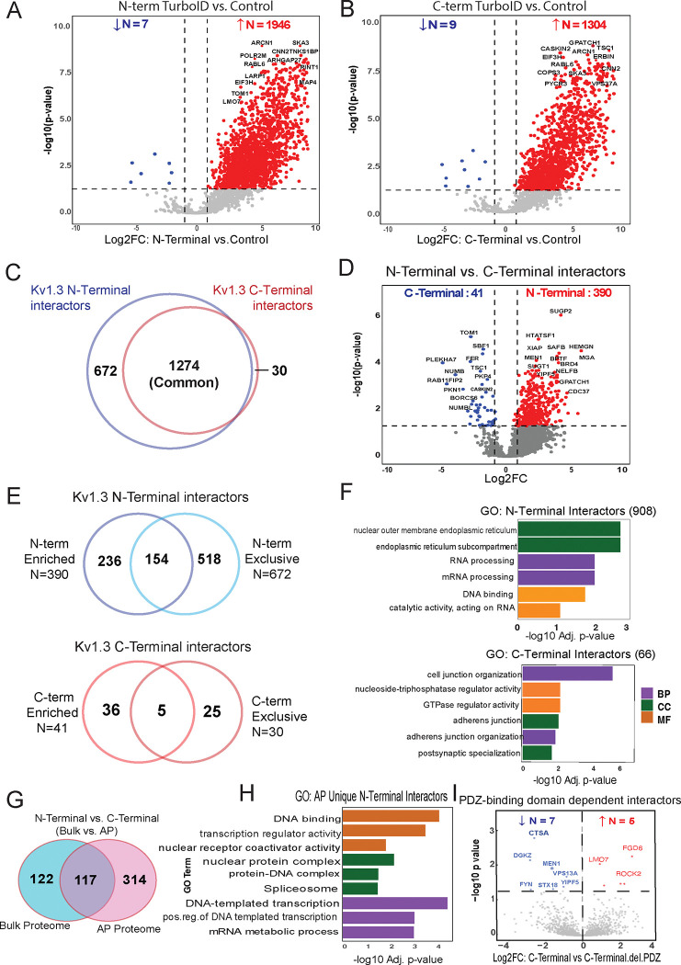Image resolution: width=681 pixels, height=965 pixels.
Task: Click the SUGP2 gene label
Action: (x=561, y=312)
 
